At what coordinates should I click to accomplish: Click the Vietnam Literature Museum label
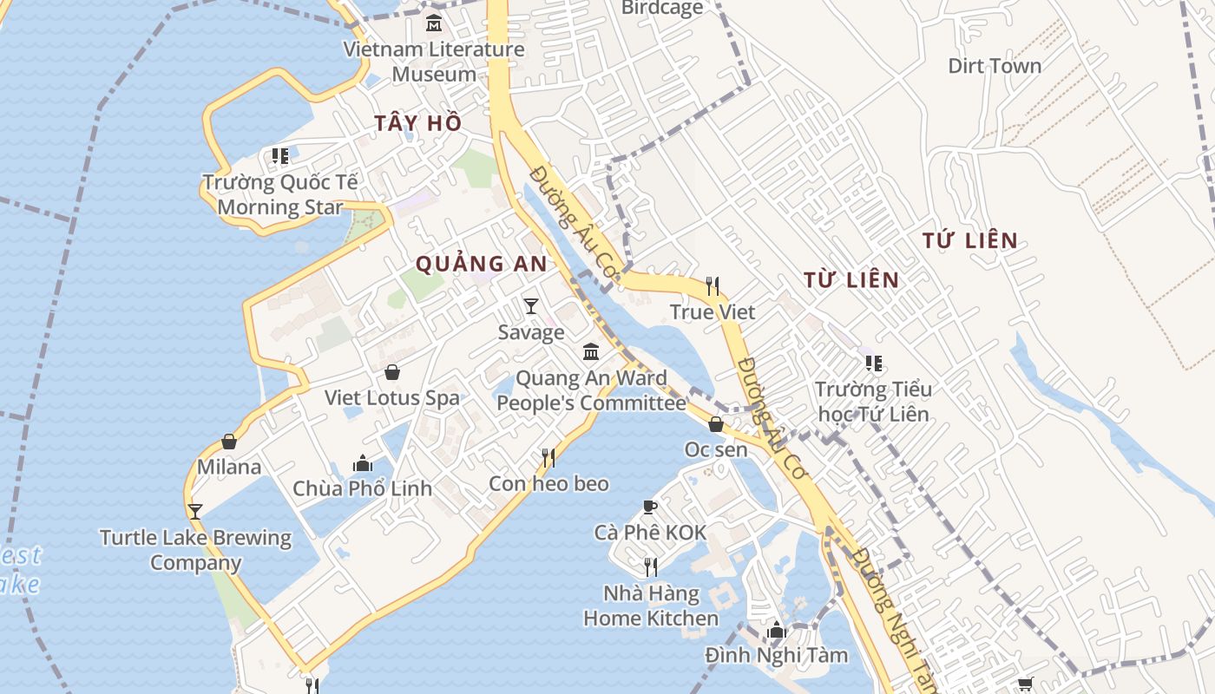(434, 61)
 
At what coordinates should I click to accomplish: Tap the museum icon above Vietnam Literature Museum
(434, 23)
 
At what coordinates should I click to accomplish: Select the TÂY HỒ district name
(418, 123)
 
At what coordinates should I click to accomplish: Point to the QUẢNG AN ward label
(482, 264)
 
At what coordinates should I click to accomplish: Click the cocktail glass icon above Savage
(531, 306)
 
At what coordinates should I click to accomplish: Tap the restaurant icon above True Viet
(713, 285)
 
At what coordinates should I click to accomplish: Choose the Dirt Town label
(995, 66)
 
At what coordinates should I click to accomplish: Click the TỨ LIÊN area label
(970, 241)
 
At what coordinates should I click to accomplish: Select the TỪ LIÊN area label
(851, 280)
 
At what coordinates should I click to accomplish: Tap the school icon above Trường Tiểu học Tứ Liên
(873, 363)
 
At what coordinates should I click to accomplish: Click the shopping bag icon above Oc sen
(716, 424)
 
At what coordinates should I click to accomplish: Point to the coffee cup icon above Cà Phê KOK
(650, 507)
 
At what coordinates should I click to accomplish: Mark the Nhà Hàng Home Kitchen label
(651, 606)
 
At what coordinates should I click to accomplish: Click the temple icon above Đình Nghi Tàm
(777, 631)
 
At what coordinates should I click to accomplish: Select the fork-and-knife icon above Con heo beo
(548, 457)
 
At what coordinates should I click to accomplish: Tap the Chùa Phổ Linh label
(362, 488)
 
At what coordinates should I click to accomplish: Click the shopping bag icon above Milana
(229, 442)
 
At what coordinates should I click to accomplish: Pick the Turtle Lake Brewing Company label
(195, 550)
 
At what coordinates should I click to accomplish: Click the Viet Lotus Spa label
(392, 398)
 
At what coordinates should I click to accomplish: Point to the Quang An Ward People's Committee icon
(591, 351)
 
